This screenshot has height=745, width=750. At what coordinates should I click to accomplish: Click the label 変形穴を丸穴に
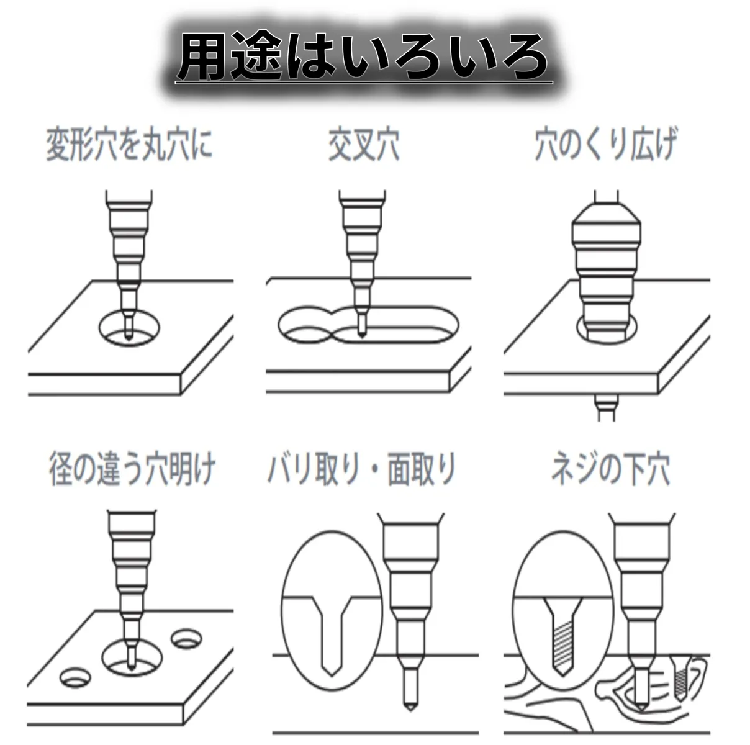[x=129, y=145]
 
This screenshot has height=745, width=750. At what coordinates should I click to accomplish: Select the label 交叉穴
[x=364, y=145]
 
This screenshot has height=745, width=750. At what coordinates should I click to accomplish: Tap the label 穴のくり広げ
[x=605, y=145]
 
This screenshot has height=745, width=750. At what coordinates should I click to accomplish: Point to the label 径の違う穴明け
[x=132, y=469]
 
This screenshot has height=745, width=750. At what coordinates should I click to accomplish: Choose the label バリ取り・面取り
[x=362, y=469]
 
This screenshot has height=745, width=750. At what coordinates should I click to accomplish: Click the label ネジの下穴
[x=610, y=469]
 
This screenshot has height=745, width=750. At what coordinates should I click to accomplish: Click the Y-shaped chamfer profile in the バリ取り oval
[x=330, y=633]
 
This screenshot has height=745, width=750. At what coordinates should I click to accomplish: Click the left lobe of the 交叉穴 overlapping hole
[x=304, y=326]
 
